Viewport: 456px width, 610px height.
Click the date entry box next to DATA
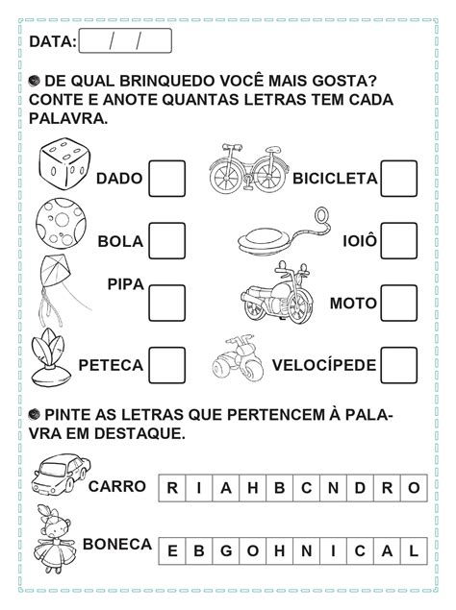(125, 41)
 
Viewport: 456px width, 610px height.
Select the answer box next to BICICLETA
(399, 179)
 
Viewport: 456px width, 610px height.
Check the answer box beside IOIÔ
(399, 240)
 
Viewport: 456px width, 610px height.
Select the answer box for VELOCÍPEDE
(399, 365)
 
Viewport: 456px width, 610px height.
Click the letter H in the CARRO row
(252, 486)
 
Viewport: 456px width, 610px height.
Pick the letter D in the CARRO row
(360, 486)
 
